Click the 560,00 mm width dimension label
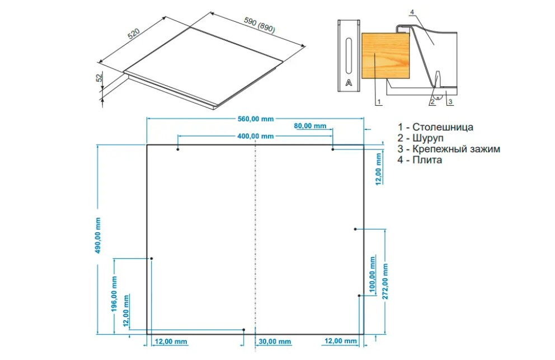256,119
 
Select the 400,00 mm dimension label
256,136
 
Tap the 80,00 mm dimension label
310,126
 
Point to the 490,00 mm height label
98,236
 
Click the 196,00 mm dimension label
114,294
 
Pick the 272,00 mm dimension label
385,282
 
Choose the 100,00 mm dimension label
372,274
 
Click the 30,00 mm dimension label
275,342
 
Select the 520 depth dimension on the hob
134,34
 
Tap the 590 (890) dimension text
260,25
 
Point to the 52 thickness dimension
100,77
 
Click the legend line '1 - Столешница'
435,127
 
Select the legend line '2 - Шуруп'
420,138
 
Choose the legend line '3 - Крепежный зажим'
449,149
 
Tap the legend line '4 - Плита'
420,160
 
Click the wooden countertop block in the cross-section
386,55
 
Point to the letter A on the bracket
349,82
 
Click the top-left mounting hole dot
178,149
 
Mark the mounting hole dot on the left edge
152,259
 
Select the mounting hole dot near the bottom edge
244,330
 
